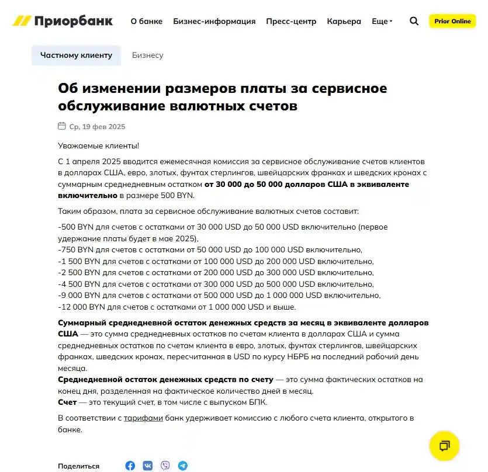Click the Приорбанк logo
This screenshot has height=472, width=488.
[63, 21]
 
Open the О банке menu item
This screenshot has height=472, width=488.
[146, 21]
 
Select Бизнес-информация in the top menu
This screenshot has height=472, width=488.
[214, 21]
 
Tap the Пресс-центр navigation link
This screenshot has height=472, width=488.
[291, 21]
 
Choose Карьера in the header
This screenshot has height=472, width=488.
[344, 21]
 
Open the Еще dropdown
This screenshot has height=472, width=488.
[382, 21]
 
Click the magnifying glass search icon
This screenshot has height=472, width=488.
[414, 21]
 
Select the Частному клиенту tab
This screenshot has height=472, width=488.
[76, 55]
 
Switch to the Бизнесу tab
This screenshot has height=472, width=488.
[147, 55]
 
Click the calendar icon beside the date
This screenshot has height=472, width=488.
[62, 126]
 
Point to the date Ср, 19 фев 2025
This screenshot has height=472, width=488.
[97, 127]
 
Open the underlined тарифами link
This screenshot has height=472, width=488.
[143, 418]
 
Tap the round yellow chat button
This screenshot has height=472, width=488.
[444, 446]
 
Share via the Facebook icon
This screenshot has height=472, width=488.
[130, 466]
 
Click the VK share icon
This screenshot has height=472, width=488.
[147, 466]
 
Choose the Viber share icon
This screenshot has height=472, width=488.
[165, 466]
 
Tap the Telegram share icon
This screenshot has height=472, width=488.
[183, 466]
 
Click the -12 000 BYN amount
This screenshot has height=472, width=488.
[79, 307]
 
